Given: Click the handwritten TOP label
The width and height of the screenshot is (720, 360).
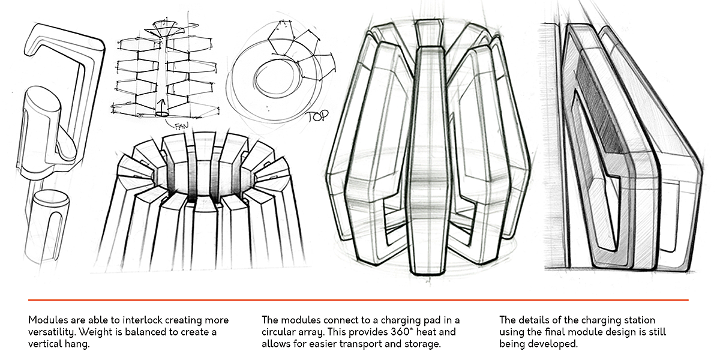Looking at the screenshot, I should coord(316,116).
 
